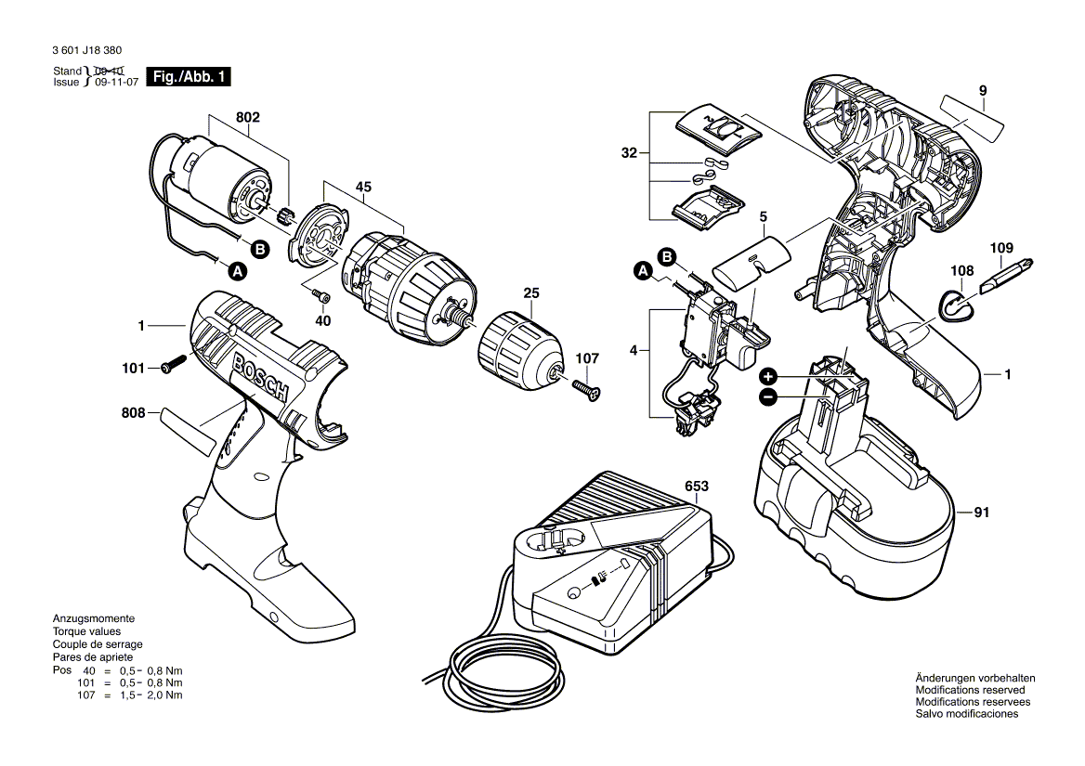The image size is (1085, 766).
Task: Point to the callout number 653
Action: coord(696,487)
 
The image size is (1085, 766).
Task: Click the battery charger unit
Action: coord(609,567)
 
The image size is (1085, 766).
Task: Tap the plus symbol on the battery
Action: coord(768,376)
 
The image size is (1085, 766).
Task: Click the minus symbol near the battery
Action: coord(768,397)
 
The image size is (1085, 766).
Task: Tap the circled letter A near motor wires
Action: coord(238,271)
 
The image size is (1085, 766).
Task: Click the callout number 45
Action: coord(363,187)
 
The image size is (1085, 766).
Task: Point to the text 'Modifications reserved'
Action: coord(970,690)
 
